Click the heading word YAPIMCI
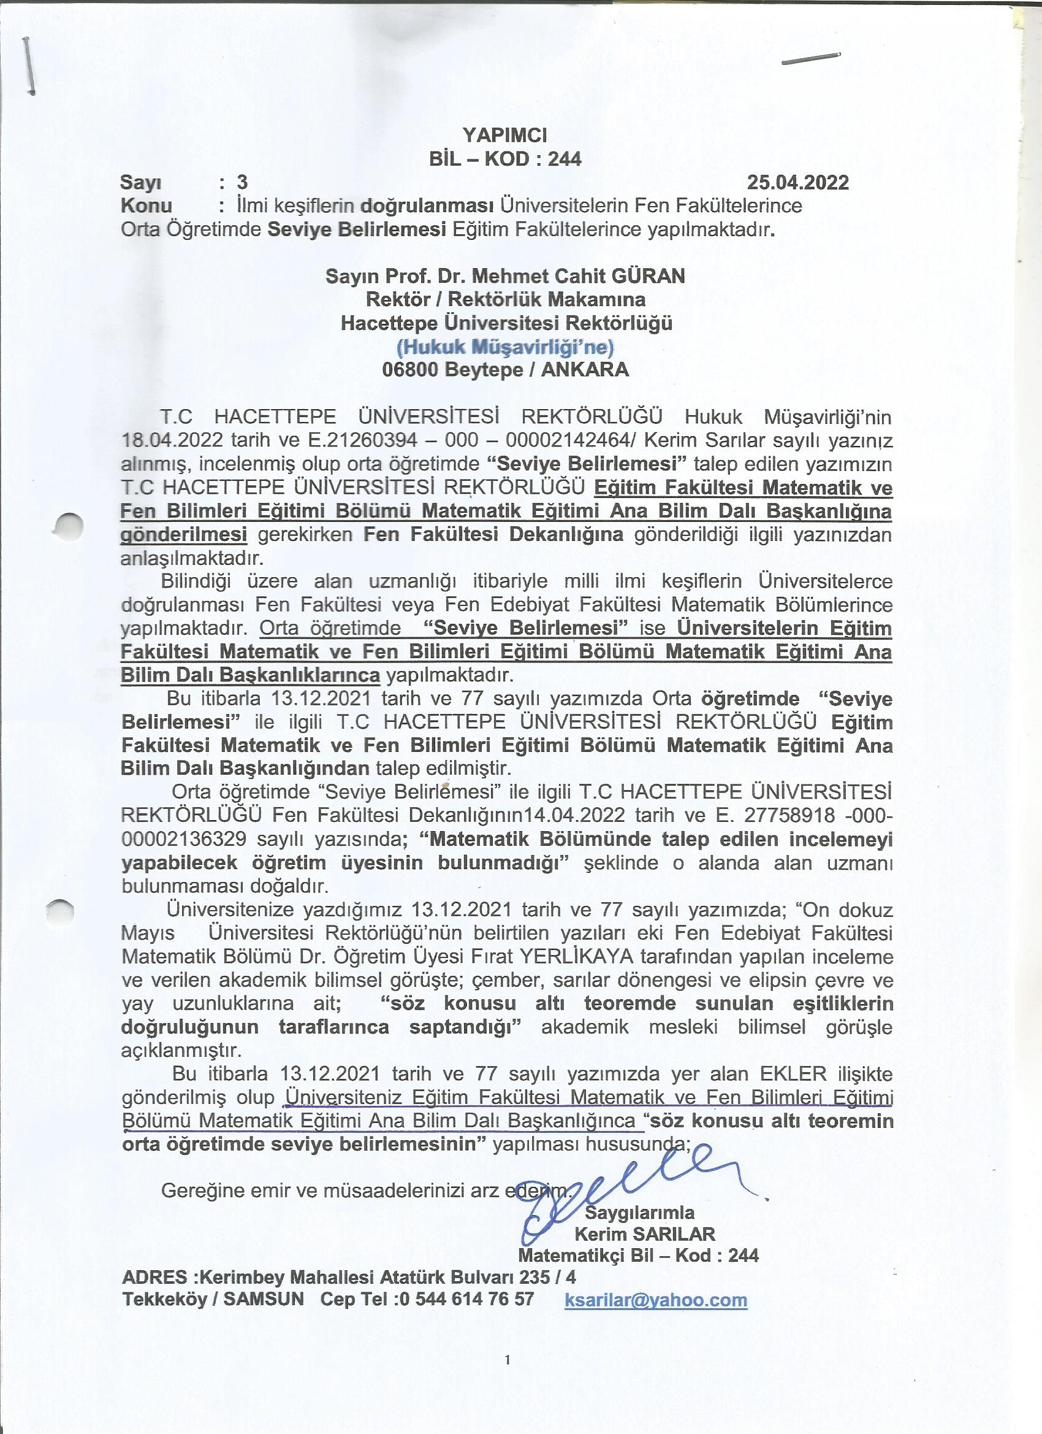point(504,135)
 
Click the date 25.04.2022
point(797,182)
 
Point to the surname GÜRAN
point(647,275)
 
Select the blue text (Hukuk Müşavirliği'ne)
point(505,347)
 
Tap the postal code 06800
point(409,370)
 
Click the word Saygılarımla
point(639,1212)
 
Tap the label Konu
point(146,206)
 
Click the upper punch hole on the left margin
point(68,526)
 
